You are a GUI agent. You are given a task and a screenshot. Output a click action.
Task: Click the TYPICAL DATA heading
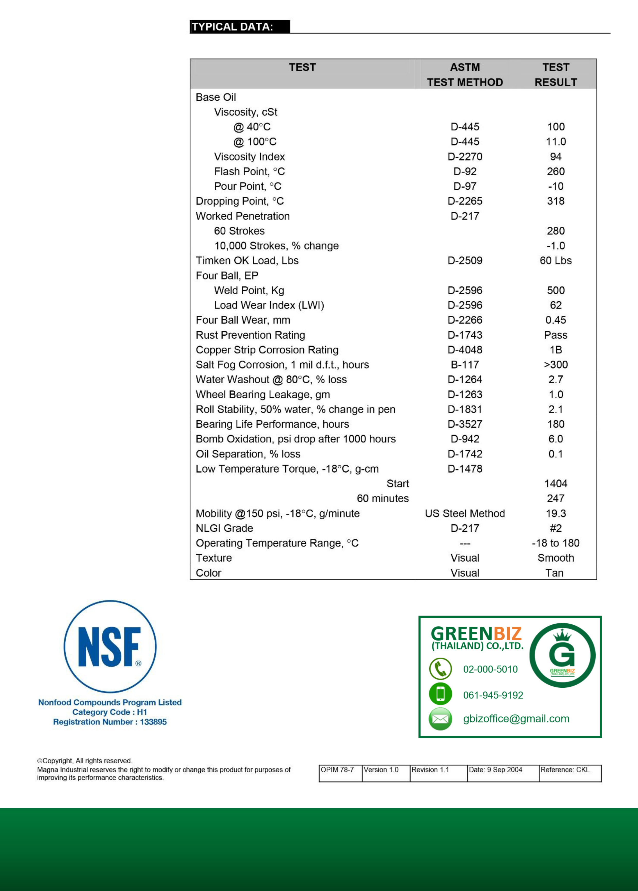click(232, 27)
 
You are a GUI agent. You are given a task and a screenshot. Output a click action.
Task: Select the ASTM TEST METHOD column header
click(465, 75)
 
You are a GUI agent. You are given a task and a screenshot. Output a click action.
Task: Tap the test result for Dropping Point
click(556, 201)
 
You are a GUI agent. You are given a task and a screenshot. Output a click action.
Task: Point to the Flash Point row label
click(249, 171)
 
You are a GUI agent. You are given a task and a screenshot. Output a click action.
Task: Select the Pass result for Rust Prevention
click(556, 335)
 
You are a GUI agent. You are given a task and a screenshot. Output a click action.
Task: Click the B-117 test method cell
click(465, 365)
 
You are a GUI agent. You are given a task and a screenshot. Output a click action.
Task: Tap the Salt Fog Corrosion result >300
click(556, 365)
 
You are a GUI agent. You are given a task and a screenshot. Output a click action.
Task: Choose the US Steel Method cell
click(465, 513)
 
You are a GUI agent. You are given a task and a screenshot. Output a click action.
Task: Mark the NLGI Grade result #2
click(556, 528)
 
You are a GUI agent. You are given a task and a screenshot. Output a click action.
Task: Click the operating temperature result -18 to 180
click(556, 543)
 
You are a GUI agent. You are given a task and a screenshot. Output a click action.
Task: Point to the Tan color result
click(554, 573)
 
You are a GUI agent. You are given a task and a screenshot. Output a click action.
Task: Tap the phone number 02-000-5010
click(490, 669)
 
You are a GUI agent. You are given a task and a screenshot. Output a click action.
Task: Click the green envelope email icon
click(440, 719)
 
